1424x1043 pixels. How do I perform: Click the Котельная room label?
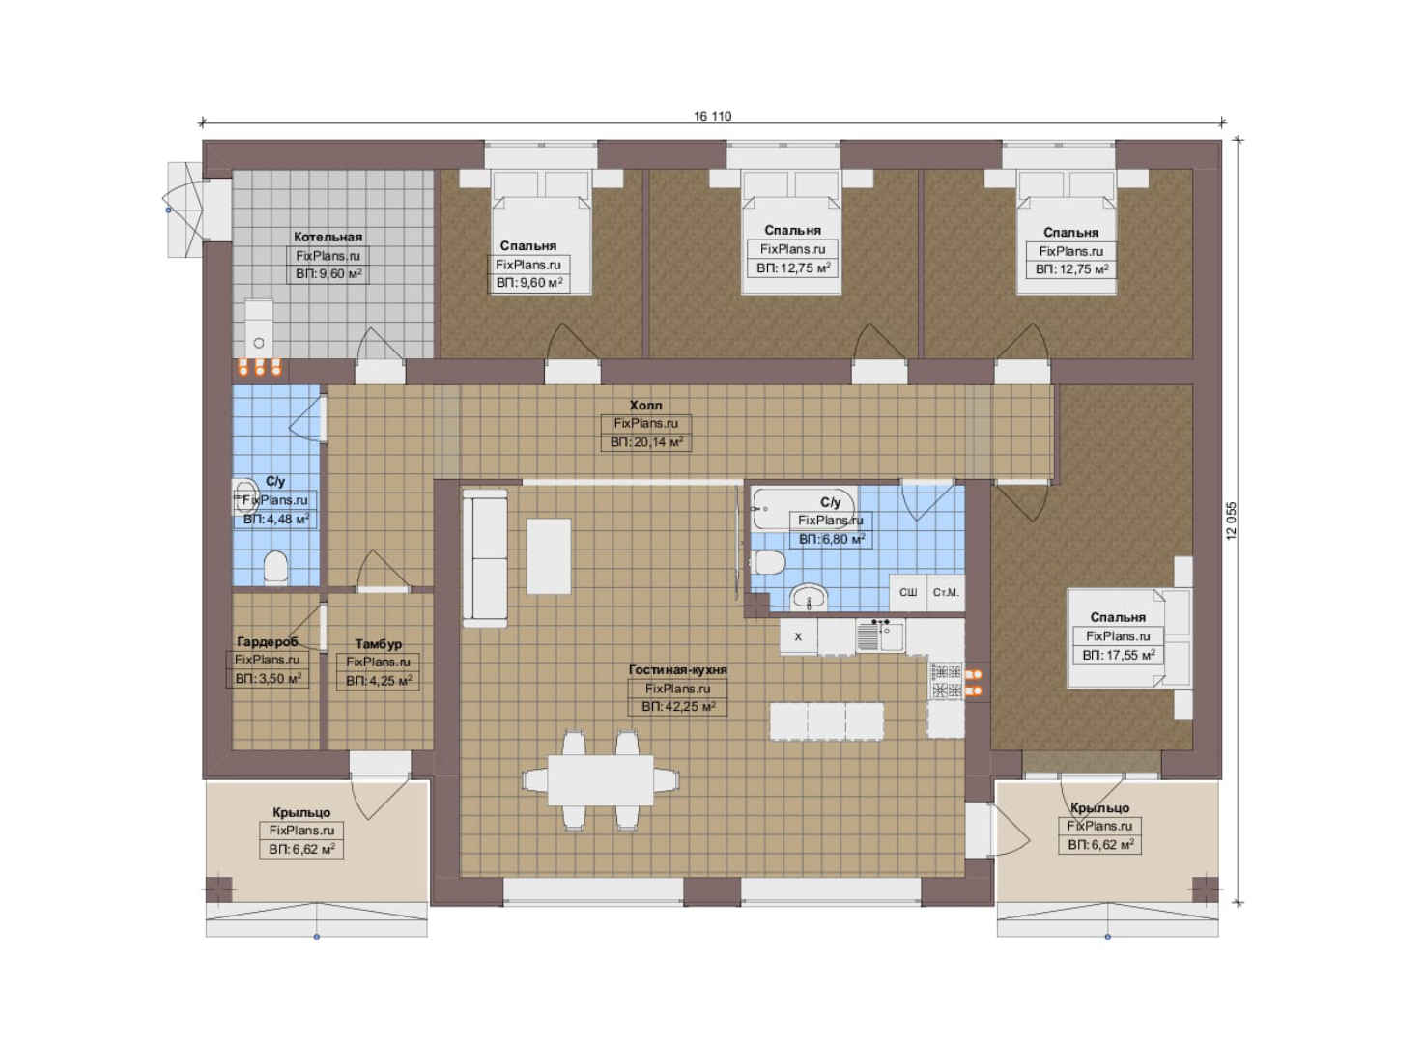tap(328, 237)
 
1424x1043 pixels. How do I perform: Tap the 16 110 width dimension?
tap(713, 116)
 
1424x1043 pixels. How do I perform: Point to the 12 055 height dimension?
tap(1232, 521)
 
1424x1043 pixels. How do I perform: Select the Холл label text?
tap(646, 405)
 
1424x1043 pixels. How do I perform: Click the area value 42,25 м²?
tap(678, 707)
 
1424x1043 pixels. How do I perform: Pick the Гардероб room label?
tap(267, 642)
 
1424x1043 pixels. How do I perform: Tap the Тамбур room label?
tap(379, 644)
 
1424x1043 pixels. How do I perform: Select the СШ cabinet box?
tap(908, 592)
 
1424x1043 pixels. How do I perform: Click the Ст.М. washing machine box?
tap(946, 592)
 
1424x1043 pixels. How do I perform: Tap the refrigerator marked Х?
tap(798, 636)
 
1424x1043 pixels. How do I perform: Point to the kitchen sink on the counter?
tap(880, 635)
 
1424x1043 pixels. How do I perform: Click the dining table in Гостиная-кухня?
tap(601, 780)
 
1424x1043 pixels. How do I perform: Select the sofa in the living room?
tap(485, 558)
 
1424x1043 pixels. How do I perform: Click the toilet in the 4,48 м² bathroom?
tap(276, 566)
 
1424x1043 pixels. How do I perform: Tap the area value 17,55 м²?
tap(1118, 655)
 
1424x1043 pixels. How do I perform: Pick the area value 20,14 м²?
tap(646, 442)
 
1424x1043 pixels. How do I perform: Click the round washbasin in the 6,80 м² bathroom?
tap(809, 598)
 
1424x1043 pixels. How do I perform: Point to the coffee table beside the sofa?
tap(549, 557)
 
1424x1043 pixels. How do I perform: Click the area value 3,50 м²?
tap(268, 678)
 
